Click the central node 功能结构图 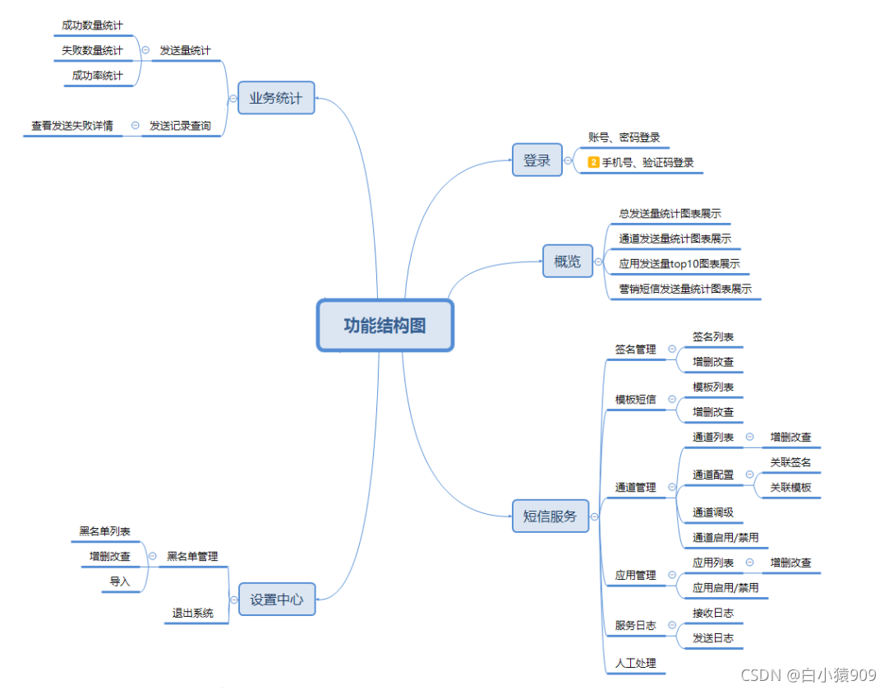(385, 326)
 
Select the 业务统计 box (276, 98)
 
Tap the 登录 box (537, 160)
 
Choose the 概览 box (567, 262)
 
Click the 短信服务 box (550, 517)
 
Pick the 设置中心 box (276, 600)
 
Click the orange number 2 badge (594, 162)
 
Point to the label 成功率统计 (97, 76)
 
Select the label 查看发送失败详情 (72, 126)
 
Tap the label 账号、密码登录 (624, 137)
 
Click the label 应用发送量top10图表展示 (679, 264)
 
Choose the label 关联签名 (790, 462)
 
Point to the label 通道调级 (712, 512)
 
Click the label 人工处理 (635, 663)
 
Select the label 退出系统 (192, 613)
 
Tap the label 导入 (120, 581)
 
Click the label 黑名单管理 (192, 557)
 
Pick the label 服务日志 (635, 625)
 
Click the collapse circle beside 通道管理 (672, 488)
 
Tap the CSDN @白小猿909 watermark (808, 675)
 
